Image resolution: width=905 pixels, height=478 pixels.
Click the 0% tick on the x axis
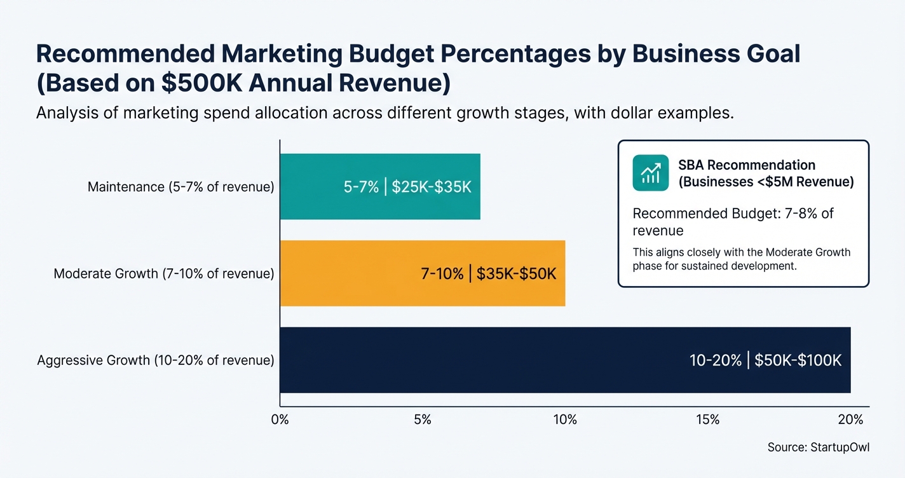280,420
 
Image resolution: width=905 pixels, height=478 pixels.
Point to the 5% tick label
423,420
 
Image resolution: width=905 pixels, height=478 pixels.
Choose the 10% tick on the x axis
565,420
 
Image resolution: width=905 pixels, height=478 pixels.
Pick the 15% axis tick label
708,420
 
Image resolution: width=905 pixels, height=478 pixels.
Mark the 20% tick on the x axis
850,420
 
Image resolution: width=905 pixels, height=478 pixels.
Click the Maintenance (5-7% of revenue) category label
180,188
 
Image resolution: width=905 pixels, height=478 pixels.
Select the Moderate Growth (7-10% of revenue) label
164,274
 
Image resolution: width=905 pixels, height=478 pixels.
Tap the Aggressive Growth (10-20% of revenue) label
156,360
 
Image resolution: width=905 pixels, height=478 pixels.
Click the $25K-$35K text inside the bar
432,188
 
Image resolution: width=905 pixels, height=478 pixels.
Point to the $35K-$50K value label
516,274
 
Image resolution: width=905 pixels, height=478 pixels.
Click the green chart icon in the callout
650,173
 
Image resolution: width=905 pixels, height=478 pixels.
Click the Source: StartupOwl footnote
818,447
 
